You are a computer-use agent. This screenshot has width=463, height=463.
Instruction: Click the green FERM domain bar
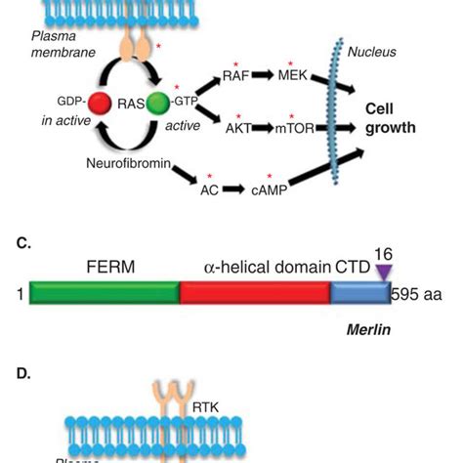(x=104, y=292)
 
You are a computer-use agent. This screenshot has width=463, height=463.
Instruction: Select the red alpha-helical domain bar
(x=254, y=292)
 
